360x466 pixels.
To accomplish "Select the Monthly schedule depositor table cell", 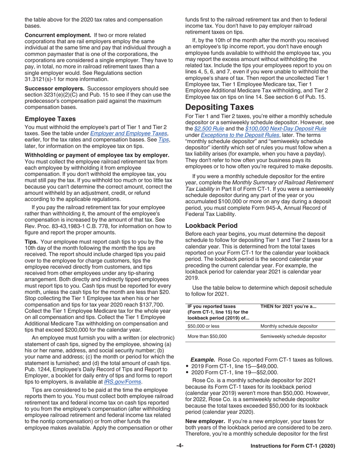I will [x=289, y=326].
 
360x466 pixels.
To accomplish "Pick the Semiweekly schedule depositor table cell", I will [x=293, y=336].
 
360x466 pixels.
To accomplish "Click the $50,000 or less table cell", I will [x=203, y=326].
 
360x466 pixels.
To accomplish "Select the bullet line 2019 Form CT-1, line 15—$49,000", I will [x=235, y=366].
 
